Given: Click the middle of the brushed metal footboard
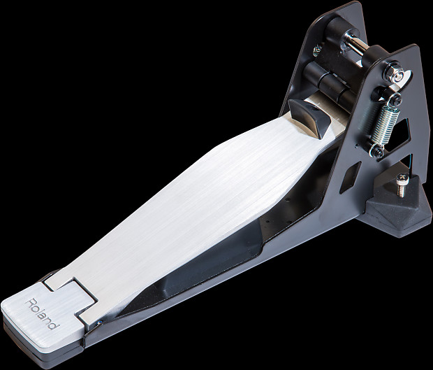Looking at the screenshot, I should [189, 203].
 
